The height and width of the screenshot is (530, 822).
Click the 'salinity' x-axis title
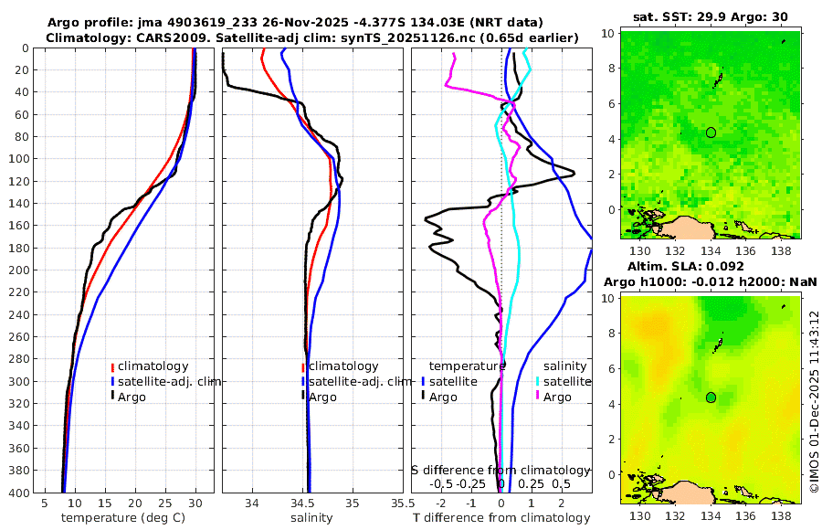coord(311,518)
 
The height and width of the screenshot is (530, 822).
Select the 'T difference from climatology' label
coord(501,518)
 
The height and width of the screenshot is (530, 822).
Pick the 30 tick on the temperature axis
coord(195,503)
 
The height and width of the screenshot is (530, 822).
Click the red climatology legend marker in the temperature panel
coord(113,366)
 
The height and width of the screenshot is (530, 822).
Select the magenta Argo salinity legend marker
coord(539,397)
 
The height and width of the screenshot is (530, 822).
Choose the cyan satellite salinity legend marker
coord(539,381)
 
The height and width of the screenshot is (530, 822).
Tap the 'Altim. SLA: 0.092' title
coord(680,266)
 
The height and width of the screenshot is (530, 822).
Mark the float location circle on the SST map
coord(711,132)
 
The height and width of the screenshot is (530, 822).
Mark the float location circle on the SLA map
coord(711,397)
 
